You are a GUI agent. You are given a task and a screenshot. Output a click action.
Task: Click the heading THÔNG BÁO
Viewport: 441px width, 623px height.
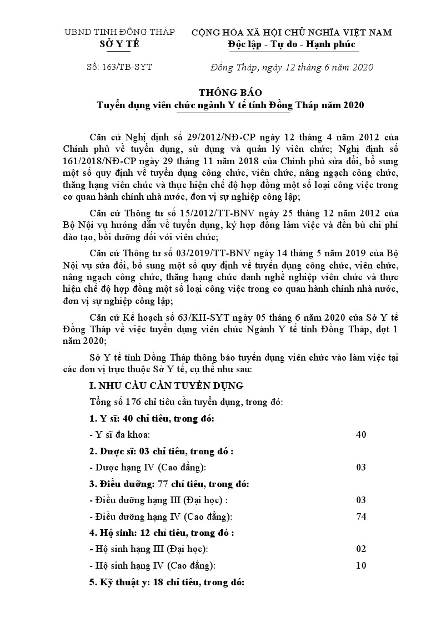click(x=222, y=93)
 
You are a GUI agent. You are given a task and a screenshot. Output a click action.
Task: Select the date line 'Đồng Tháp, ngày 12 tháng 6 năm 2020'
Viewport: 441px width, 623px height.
click(x=292, y=67)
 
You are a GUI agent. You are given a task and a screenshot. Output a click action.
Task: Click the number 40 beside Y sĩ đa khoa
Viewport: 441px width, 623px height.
click(x=361, y=434)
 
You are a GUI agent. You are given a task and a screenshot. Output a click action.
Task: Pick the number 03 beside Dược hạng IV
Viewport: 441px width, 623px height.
click(x=361, y=467)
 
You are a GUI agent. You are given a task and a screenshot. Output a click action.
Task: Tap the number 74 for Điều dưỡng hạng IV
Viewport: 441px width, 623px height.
click(x=361, y=516)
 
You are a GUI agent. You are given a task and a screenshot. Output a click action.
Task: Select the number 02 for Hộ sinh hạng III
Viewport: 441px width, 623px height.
click(x=361, y=549)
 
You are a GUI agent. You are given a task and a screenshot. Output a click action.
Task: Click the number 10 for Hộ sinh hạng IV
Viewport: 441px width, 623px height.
click(x=361, y=565)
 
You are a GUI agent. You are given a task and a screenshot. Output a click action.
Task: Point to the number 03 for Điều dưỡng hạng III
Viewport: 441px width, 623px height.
click(x=361, y=500)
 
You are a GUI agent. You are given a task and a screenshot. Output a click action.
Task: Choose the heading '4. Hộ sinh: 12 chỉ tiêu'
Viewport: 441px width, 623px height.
click(x=162, y=533)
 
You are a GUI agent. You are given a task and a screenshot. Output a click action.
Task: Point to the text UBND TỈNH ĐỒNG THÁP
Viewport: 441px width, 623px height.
click(x=119, y=32)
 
